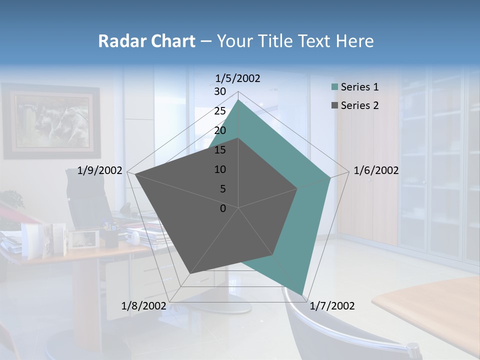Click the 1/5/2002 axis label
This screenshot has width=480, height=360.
238,78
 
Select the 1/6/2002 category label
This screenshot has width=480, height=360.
376,170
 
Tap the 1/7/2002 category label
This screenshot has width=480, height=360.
332,306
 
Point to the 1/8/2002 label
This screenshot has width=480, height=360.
144,306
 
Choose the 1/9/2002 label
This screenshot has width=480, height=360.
100,170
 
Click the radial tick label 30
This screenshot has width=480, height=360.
220,91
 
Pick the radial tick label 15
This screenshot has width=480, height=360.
220,150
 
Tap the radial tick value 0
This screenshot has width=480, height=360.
223,208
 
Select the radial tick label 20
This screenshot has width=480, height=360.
220,130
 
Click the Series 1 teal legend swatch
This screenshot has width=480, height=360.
334,87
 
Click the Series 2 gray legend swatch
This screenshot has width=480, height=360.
334,105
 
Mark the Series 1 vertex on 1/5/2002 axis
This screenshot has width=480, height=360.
238,100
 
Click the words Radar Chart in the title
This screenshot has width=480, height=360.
146,41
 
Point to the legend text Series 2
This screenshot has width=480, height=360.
359,105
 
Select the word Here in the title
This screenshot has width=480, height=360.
354,41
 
